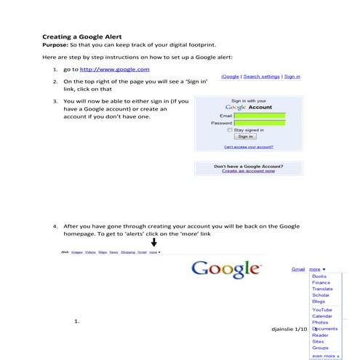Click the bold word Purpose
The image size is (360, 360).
55,45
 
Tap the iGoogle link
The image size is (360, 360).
230,76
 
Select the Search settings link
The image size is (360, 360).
262,76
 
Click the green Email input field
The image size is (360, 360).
260,116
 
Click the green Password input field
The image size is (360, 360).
260,123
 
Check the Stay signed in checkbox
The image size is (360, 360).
230,129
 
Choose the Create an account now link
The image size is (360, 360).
248,171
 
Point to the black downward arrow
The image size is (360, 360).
154,243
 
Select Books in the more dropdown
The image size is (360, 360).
319,276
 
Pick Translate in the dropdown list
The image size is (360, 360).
322,289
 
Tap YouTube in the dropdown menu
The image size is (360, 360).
322,310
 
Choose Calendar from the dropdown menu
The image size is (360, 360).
322,316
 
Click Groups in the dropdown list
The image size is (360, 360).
320,347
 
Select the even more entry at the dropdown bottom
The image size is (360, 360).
324,356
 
